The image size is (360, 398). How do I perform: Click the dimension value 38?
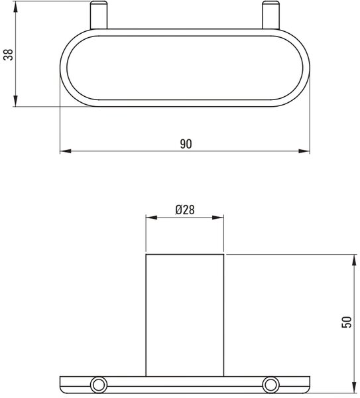tap(9, 54)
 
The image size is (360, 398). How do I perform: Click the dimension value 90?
tap(186, 144)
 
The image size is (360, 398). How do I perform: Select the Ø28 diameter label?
tap(185, 210)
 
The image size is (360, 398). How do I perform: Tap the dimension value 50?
tap(347, 322)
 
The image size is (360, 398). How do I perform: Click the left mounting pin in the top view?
tap(99, 15)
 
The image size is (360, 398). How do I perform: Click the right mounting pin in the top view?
tap(270, 15)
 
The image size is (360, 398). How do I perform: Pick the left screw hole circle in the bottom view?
tap(99, 385)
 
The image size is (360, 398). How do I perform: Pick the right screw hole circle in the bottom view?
tap(270, 385)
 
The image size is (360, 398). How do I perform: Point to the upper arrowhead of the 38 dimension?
tap(16, 7)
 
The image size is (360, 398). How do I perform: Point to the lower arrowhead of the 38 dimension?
tap(16, 101)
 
